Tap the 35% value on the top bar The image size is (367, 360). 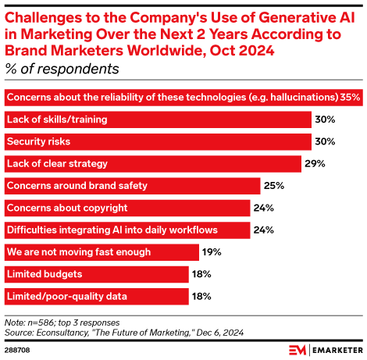pos(350,98)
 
